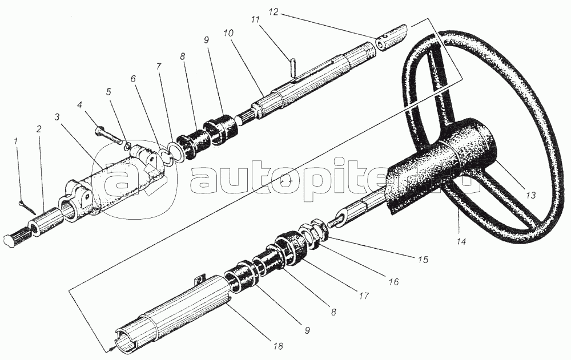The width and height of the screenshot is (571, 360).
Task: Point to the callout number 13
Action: [x=531, y=196]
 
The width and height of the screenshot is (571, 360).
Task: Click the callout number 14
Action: [x=461, y=241]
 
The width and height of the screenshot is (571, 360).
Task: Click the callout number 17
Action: [x=364, y=296]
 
